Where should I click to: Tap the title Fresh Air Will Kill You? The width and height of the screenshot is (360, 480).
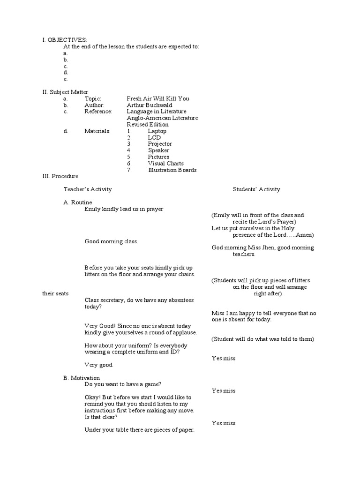tap(158, 99)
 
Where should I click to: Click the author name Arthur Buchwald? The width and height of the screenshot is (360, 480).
tap(149, 105)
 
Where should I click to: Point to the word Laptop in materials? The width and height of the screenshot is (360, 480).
tap(157, 131)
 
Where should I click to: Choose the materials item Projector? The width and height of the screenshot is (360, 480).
tap(160, 144)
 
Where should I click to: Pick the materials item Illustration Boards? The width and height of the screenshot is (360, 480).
tap(172, 170)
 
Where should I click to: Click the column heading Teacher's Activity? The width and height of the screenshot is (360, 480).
tap(88, 189)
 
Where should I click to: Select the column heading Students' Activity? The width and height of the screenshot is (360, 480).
tap(256, 189)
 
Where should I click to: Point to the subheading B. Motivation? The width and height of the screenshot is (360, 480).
tap(82, 378)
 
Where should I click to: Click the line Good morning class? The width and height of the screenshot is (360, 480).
tap(111, 241)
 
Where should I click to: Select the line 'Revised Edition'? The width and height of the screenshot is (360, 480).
tap(148, 125)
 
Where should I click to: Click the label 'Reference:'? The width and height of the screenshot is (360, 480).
tap(98, 112)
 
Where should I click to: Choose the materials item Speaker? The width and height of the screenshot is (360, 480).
tap(158, 150)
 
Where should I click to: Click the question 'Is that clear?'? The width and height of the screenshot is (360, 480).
tap(101, 417)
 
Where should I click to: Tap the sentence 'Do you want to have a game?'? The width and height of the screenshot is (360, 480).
tap(123, 384)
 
